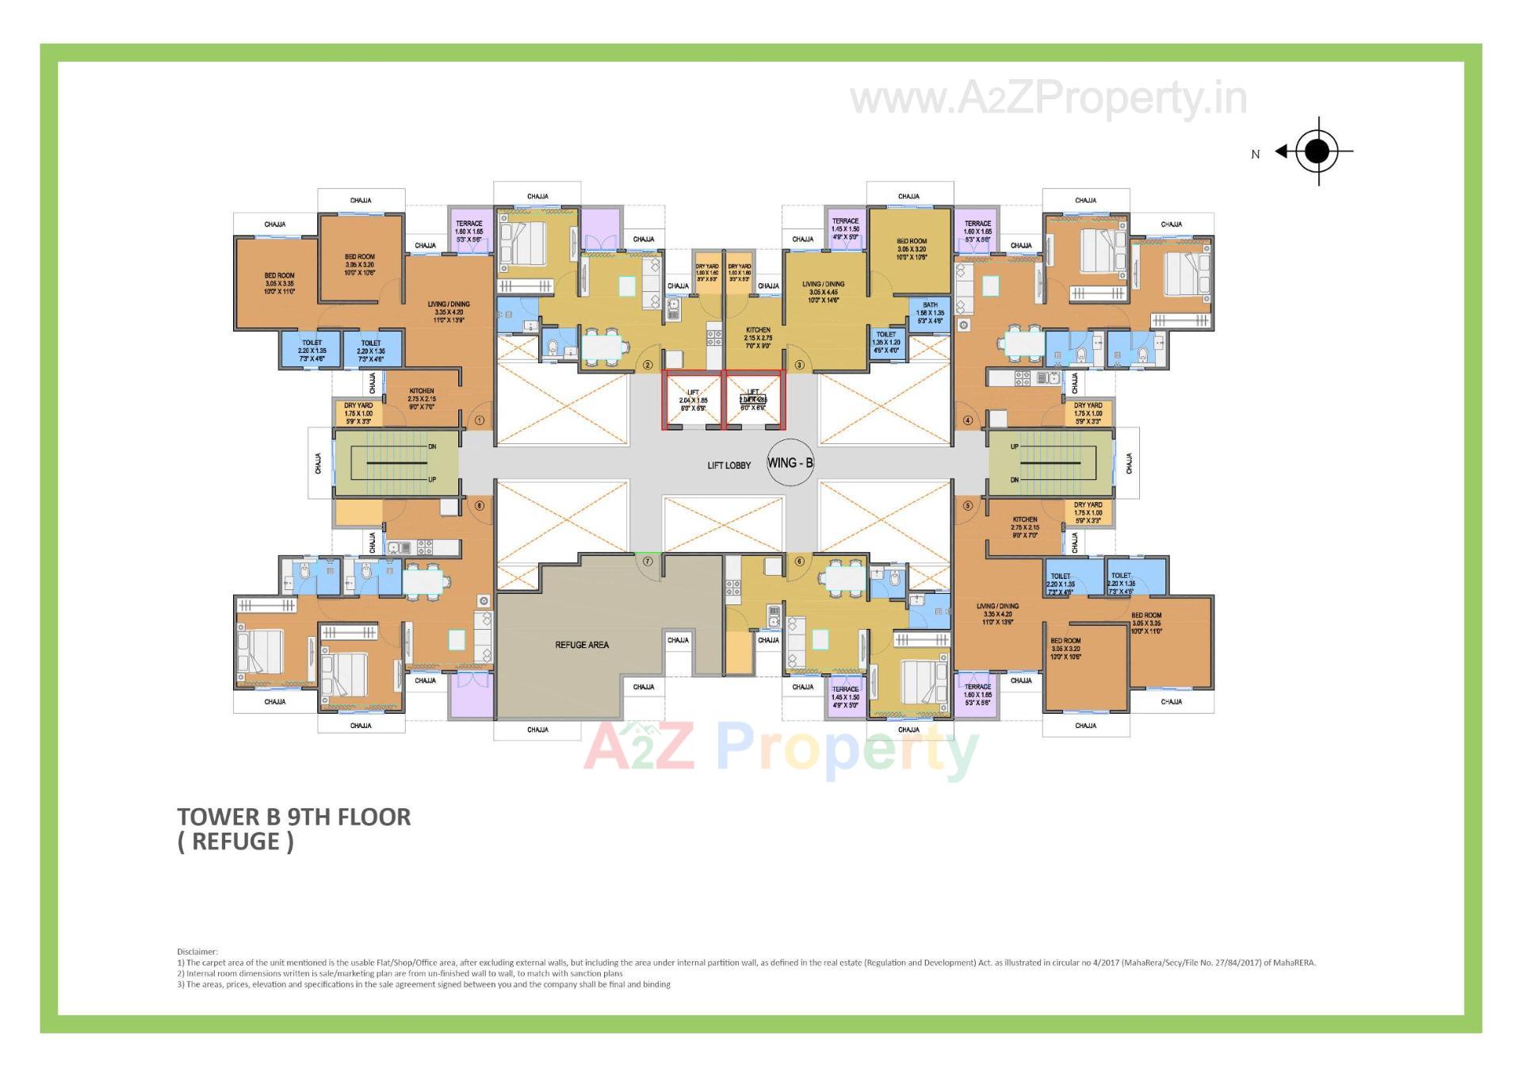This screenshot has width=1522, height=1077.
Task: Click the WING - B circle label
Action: point(790,462)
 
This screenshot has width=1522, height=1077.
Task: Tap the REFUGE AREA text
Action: point(582,645)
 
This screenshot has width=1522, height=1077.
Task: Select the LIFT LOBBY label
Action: point(728,466)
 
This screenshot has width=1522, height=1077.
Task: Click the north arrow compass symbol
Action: point(1317,151)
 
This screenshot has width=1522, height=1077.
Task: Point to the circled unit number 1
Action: point(479,420)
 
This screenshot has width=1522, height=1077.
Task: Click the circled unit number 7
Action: point(648,561)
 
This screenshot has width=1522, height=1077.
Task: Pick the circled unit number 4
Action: point(967,420)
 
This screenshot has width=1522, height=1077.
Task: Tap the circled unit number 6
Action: point(799,561)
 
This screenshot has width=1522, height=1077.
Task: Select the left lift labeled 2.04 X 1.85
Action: point(693,401)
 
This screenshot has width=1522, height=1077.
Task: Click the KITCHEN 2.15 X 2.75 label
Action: point(758,338)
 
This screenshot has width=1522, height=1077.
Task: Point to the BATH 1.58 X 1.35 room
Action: point(930,312)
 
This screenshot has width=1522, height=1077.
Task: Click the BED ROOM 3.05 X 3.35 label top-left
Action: point(279,283)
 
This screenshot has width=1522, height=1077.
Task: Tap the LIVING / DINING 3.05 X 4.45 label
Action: point(823,292)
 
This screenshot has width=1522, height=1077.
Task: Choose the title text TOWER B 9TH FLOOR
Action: point(294,817)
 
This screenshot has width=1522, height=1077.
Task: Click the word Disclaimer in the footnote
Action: point(197,952)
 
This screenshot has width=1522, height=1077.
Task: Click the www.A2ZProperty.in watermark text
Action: point(1048,99)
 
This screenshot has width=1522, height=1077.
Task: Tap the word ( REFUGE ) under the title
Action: point(235,841)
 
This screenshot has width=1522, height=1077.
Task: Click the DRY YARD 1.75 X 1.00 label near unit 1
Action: point(358,413)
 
